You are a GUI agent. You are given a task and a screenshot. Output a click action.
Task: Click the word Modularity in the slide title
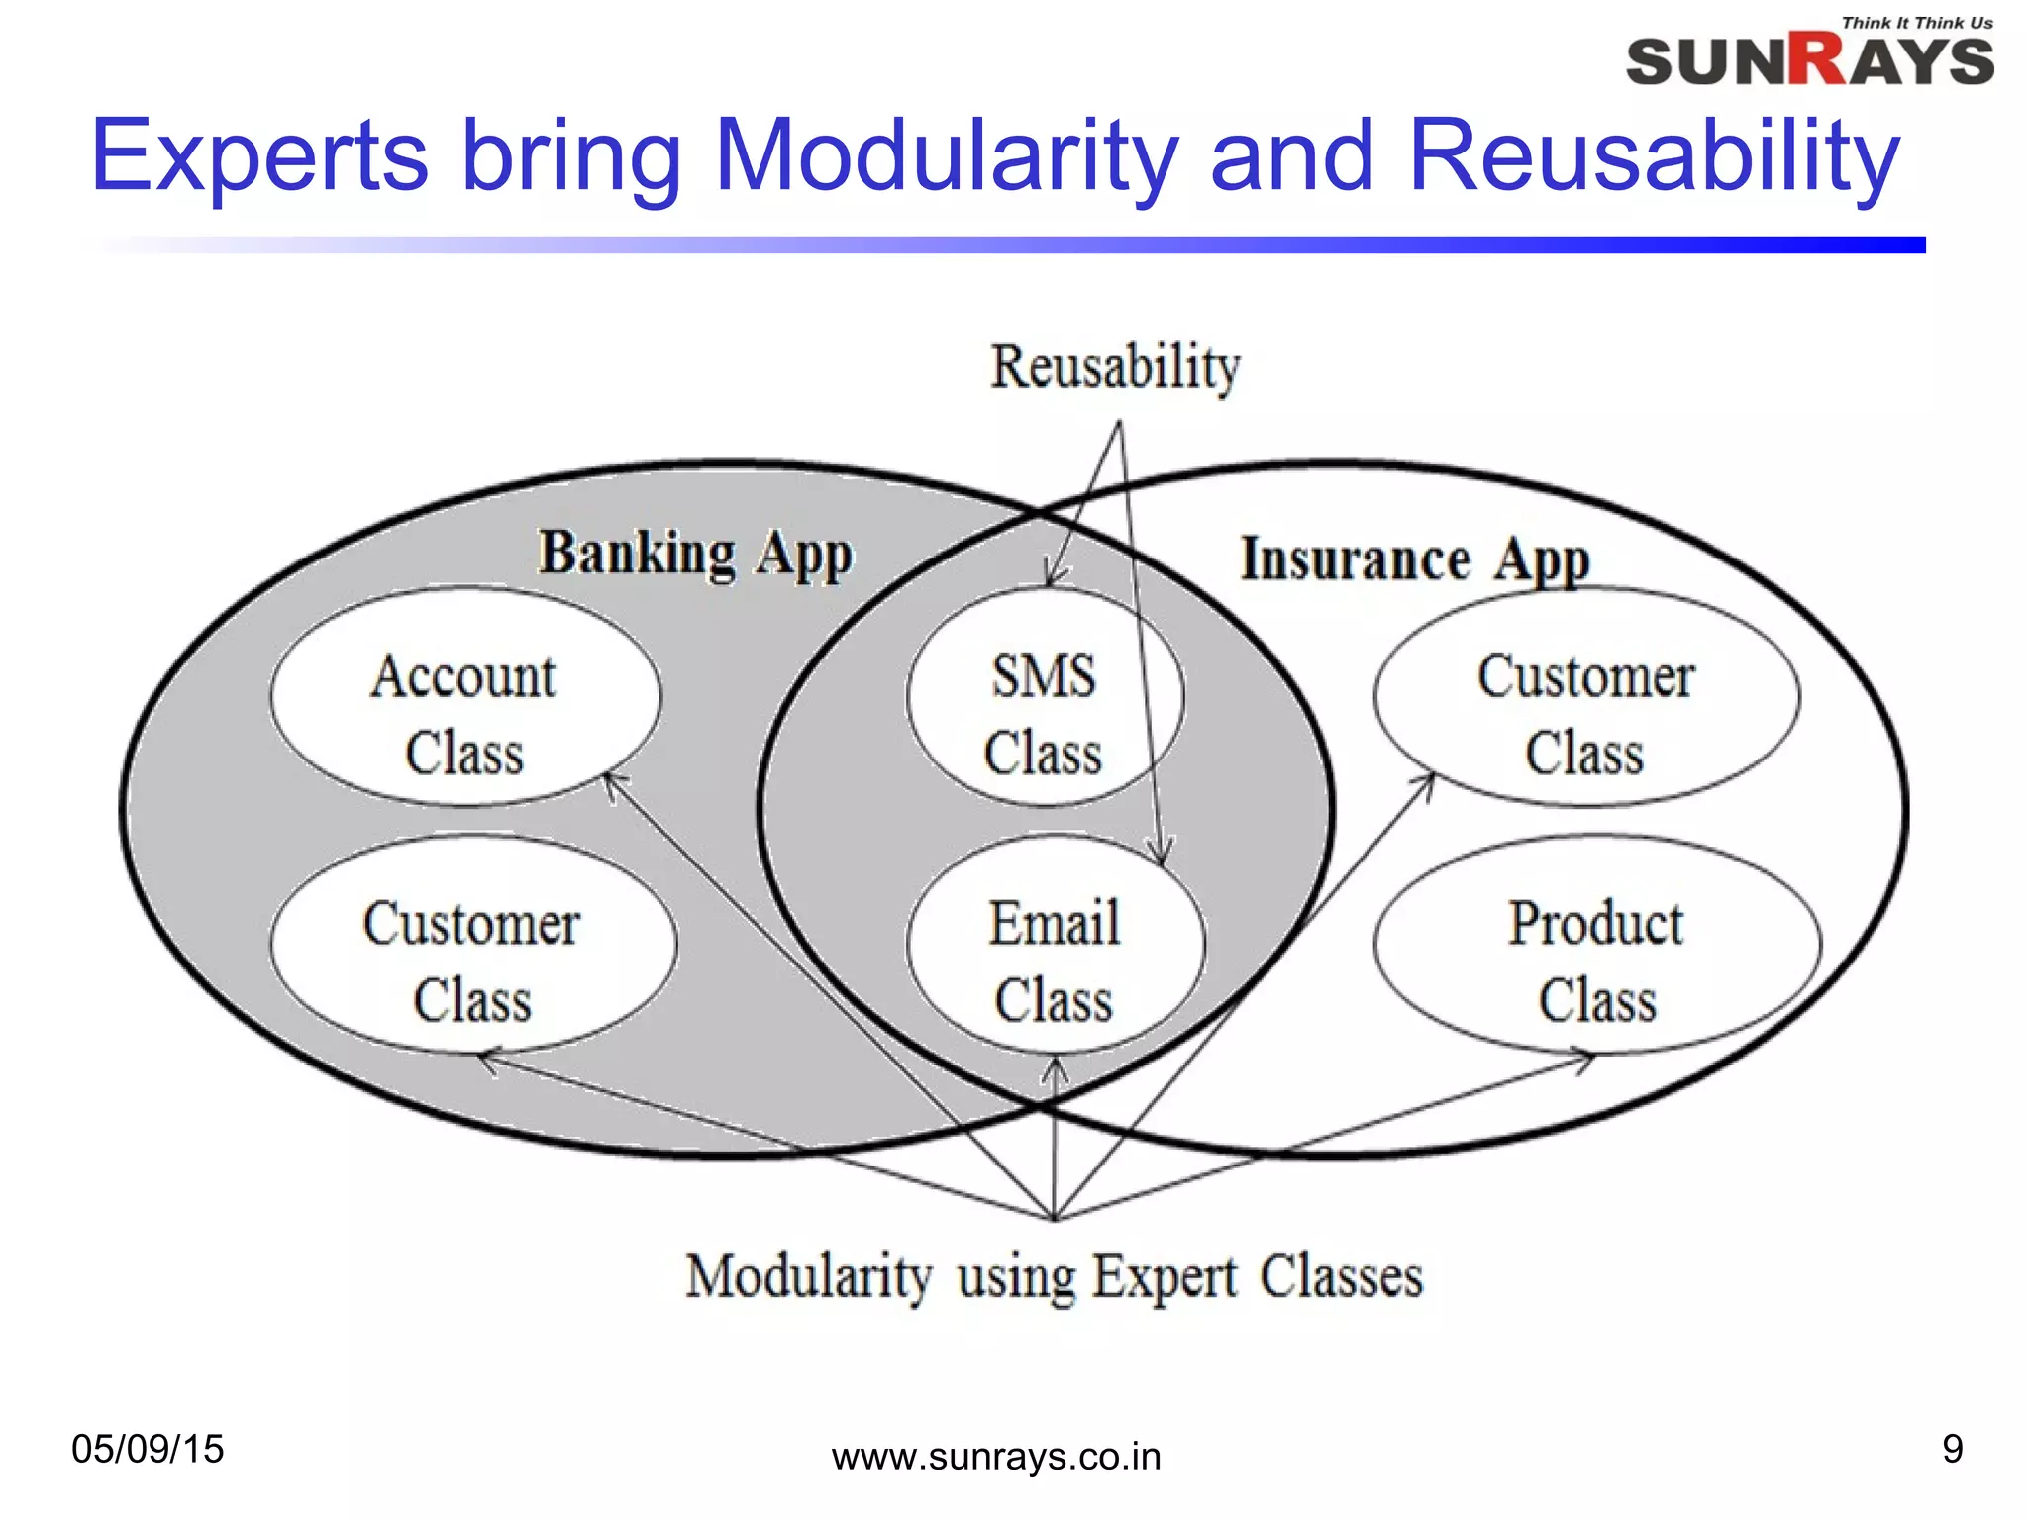945,155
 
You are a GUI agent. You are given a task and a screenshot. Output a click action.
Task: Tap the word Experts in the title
259,155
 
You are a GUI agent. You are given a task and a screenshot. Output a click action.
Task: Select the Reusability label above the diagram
1115,366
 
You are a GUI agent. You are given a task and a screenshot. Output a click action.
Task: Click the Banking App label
695,554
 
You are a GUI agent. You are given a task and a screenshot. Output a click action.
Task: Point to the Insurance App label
1415,559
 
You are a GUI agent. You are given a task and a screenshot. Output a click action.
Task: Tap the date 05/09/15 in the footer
148,1449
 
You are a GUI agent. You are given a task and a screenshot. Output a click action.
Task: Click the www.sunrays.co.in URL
996,1457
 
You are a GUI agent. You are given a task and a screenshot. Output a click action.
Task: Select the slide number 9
1952,1449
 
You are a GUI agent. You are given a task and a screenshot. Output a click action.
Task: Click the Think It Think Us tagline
1917,23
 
